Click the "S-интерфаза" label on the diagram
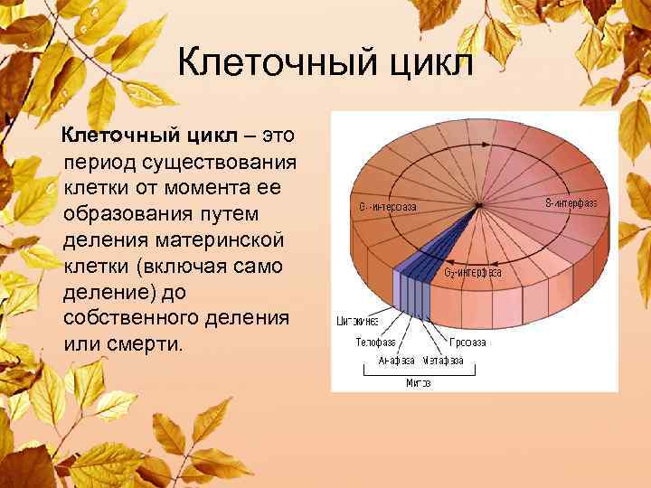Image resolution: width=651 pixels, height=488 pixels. (x=571, y=202)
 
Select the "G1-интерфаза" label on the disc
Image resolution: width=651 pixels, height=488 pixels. (x=388, y=207)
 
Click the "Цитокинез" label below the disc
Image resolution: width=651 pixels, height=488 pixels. (x=357, y=321)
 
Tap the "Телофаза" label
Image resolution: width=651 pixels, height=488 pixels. (x=373, y=343)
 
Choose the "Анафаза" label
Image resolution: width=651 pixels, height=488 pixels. (x=397, y=360)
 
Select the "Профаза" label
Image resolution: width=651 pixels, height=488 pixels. (x=469, y=343)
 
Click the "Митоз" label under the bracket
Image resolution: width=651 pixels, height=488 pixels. (x=419, y=382)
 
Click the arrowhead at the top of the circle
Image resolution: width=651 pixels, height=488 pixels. (x=480, y=164)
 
